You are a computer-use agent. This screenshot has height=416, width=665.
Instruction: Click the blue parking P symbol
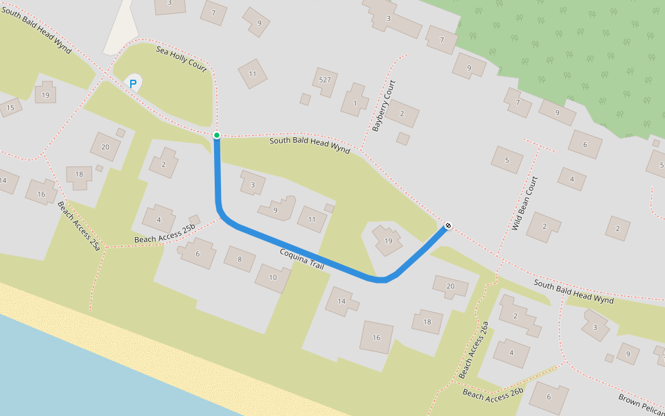(132, 84)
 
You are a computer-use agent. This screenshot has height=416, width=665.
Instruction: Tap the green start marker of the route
(217, 135)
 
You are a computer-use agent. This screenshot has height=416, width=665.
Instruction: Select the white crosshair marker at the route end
(448, 225)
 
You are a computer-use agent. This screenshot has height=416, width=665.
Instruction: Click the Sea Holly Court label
(181, 60)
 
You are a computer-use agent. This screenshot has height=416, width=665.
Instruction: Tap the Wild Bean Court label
(524, 203)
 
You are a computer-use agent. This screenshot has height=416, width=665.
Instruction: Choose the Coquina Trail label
(302, 260)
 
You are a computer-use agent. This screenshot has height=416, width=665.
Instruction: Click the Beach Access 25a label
(80, 225)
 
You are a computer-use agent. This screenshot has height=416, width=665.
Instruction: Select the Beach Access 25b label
(165, 234)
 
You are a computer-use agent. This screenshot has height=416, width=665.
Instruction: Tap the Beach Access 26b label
(493, 395)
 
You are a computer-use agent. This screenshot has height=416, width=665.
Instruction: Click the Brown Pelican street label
(641, 405)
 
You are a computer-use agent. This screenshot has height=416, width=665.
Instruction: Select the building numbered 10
(272, 277)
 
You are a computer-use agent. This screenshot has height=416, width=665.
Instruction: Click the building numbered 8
(240, 260)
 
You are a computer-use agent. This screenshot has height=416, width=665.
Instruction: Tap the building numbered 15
(10, 107)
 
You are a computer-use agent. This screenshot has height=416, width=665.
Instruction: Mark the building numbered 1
(355, 103)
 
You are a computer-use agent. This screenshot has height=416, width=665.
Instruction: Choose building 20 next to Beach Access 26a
(450, 286)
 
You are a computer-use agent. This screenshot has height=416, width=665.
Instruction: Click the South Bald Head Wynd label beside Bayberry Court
(310, 144)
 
